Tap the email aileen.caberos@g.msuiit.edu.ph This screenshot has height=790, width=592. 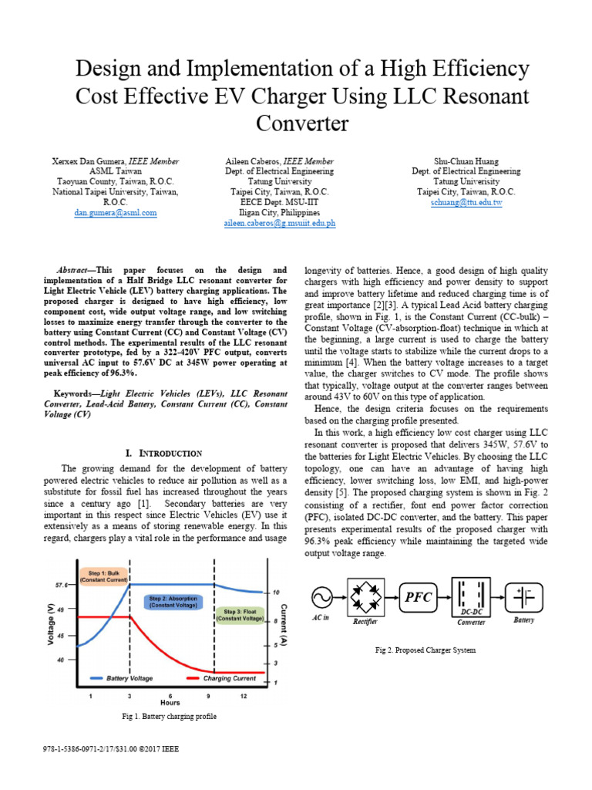(279, 223)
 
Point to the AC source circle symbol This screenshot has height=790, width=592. (321, 597)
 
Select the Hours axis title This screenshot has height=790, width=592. (170, 703)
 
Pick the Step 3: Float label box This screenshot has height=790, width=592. (239, 615)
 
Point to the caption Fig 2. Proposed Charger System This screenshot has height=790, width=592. (425, 650)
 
